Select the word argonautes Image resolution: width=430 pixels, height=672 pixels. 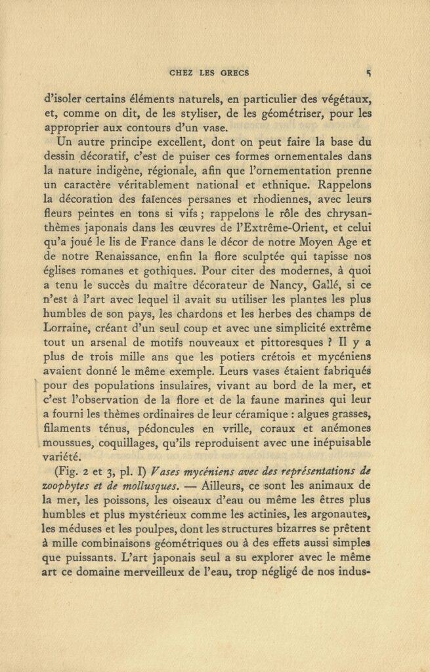tap(343, 514)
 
